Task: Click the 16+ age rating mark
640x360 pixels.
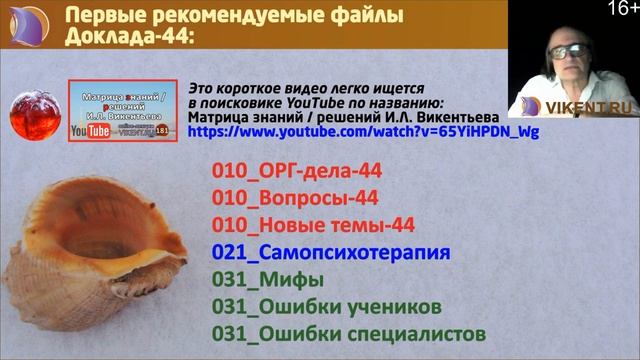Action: point(621,9)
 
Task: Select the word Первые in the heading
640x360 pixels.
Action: point(105,16)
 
